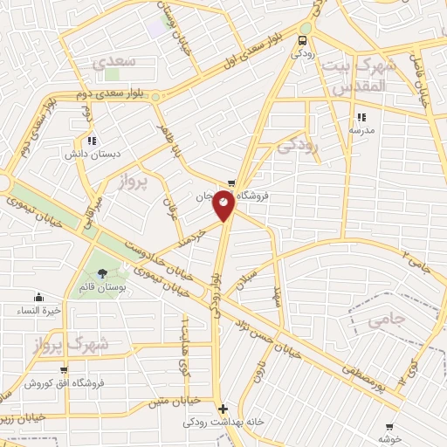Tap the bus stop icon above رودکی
click(x=303, y=40)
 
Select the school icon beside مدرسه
click(x=360, y=117)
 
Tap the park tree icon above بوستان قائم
click(x=103, y=275)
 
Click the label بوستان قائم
click(x=103, y=287)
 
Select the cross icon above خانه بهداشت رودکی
click(x=223, y=409)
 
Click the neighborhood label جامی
click(x=388, y=321)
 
